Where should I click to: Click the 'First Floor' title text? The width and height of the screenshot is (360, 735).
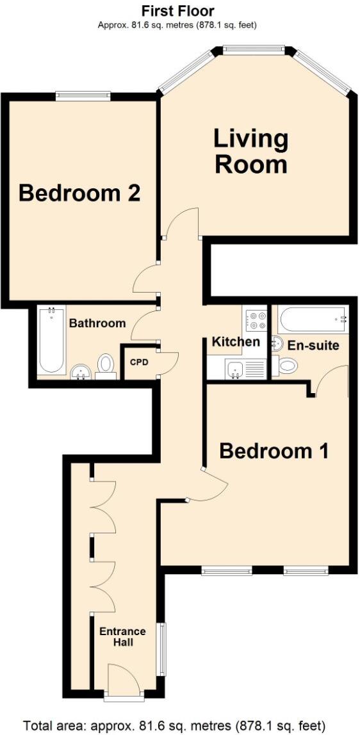coord(177,11)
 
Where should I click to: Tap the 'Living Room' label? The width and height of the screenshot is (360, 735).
coord(250,152)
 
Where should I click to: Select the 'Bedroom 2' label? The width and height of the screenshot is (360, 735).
coord(79,193)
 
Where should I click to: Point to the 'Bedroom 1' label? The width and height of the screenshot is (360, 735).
coord(274,451)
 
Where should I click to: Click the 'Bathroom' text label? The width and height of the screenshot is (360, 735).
coord(97,323)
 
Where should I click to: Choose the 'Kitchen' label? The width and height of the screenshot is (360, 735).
coord(236,341)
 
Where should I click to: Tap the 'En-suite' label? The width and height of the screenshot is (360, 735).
coord(313,345)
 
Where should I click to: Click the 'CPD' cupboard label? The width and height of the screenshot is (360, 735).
coord(139,362)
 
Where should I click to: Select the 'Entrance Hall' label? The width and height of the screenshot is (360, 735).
coord(122,636)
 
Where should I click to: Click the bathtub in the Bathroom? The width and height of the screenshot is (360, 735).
coord(50,341)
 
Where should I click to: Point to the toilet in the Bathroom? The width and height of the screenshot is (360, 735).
coord(106,364)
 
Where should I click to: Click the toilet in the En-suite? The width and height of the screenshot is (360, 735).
coord(288,366)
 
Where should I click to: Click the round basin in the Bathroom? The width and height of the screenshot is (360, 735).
coord(81,371)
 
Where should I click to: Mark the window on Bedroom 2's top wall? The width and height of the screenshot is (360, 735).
coord(83,96)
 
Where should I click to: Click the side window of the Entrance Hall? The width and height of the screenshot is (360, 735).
coord(161,648)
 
